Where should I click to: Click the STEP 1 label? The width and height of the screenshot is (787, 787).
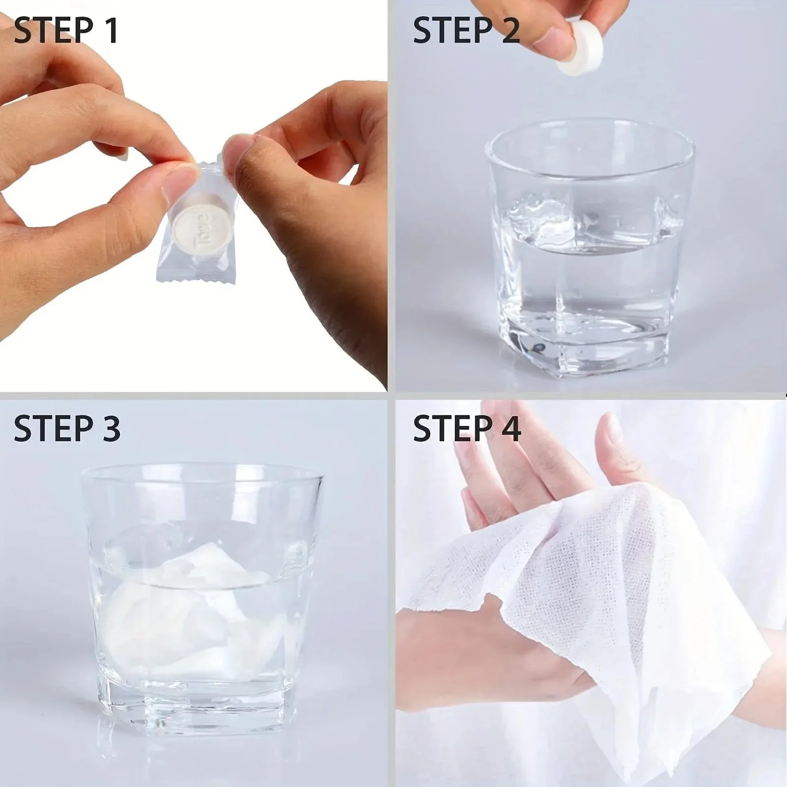coord(66,31)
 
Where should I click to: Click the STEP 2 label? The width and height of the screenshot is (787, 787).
coord(466,31)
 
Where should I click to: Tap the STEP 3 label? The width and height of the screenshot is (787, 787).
coord(67,428)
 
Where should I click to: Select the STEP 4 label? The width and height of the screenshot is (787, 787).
coord(467,428)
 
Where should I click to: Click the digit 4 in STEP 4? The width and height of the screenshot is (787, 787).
coord(511,428)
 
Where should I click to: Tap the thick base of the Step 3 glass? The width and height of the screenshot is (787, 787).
coord(202,708)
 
